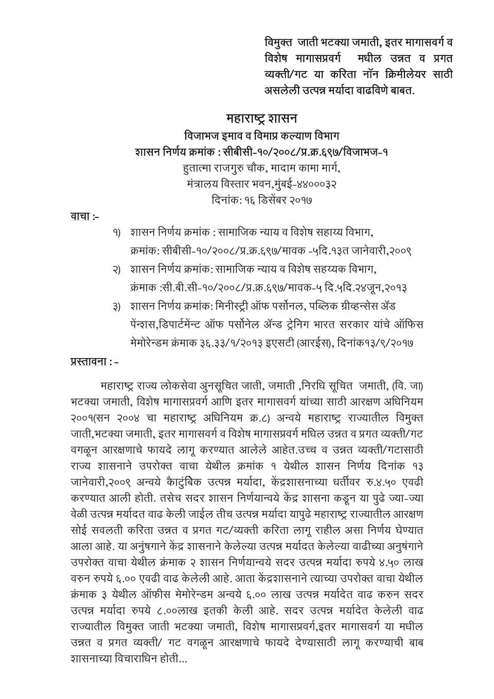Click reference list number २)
pos(116,270)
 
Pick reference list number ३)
pos(116,307)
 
